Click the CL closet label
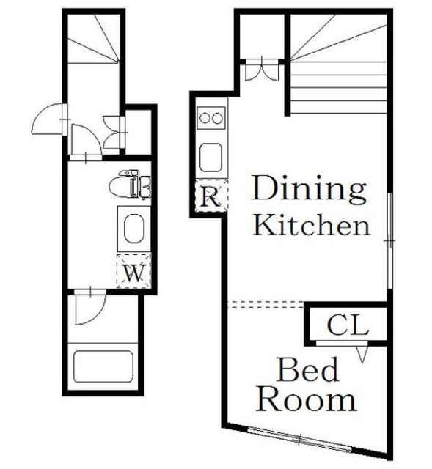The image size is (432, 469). pyautogui.click(x=348, y=325)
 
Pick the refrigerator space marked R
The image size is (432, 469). pyautogui.click(x=211, y=196)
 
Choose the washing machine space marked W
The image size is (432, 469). pyautogui.click(x=133, y=271)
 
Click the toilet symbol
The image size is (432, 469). pyautogui.click(x=129, y=185)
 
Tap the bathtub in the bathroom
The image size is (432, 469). pyautogui.click(x=103, y=366)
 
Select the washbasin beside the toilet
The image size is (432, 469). pyautogui.click(x=133, y=229)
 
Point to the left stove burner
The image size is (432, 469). pyautogui.click(x=205, y=119)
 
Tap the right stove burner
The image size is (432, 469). pyautogui.click(x=217, y=119)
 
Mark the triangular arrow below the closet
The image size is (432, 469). pyautogui.click(x=362, y=354)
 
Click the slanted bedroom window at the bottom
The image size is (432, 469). pyautogui.click(x=300, y=440)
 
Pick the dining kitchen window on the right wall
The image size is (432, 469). pyautogui.click(x=389, y=241)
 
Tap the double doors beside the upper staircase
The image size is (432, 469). pyautogui.click(x=263, y=70)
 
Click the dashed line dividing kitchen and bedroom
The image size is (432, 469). pyautogui.click(x=266, y=305)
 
